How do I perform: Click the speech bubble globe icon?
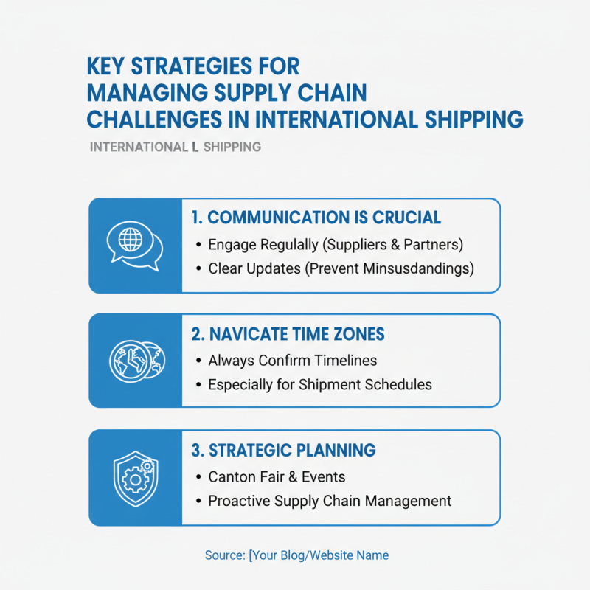(x=134, y=244)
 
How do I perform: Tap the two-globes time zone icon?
(x=134, y=361)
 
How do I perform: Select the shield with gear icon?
(x=134, y=477)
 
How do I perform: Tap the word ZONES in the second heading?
(x=358, y=334)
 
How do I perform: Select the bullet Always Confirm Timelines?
(x=293, y=361)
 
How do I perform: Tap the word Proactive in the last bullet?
(x=237, y=501)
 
